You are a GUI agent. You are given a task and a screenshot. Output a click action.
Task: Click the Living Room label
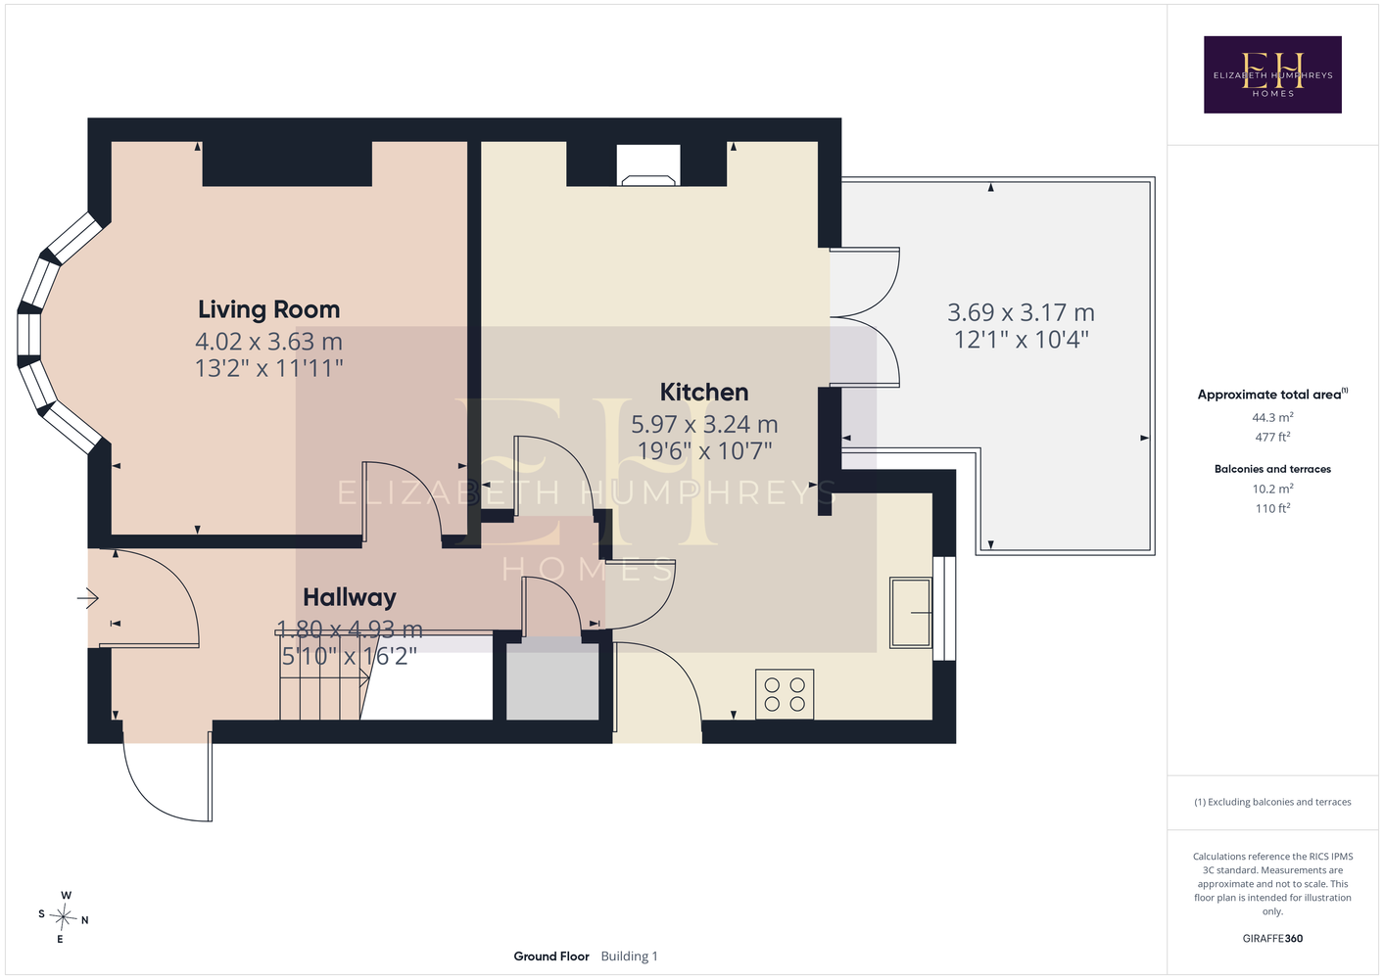[268, 309]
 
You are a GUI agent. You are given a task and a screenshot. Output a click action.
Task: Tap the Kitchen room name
[703, 393]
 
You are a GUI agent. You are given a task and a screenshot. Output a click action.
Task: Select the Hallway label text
[350, 597]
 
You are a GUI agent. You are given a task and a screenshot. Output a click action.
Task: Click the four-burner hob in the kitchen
[784, 694]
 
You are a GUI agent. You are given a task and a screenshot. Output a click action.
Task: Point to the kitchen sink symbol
[911, 612]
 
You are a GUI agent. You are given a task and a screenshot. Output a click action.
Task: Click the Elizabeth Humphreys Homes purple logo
[1272, 74]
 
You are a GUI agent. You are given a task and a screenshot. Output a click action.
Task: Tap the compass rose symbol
[63, 917]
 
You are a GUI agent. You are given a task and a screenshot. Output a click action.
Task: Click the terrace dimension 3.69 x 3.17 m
[1021, 312]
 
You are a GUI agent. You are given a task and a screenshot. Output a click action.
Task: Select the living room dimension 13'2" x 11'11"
[268, 368]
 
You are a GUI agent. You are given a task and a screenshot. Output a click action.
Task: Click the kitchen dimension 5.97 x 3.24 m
[703, 424]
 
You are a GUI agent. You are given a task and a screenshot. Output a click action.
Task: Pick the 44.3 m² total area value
[1272, 417]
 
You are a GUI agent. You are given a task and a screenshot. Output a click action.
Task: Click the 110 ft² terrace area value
[1272, 508]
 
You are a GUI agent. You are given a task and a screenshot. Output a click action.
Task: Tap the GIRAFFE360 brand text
[1272, 938]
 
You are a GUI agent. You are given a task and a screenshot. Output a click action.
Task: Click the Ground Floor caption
[551, 956]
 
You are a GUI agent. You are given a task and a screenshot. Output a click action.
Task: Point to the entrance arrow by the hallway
[88, 598]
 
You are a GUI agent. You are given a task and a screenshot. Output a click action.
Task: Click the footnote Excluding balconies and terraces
[1272, 802]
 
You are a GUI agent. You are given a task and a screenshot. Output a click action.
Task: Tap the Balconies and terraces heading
[1272, 469]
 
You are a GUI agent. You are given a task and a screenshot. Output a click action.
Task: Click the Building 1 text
[629, 956]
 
